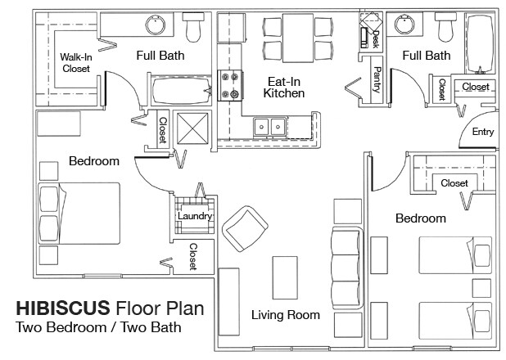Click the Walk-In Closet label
pyautogui.click(x=76, y=62)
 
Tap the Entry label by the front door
pyautogui.click(x=483, y=132)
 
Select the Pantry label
pyautogui.click(x=377, y=79)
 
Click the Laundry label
pyautogui.click(x=195, y=216)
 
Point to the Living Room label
pyautogui.click(x=286, y=315)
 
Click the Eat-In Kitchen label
pyautogui.click(x=284, y=87)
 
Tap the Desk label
pyautogui.click(x=376, y=39)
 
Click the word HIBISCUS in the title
pyautogui.click(x=63, y=308)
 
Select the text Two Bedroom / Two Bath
pyautogui.click(x=98, y=327)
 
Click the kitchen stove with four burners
pyautogui.click(x=230, y=85)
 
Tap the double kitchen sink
pyautogui.click(x=269, y=127)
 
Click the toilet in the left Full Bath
pyautogui.click(x=193, y=27)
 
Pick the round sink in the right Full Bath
pyautogui.click(x=404, y=25)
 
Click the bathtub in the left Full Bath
pyautogui.click(x=182, y=91)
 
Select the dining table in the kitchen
pyautogui.click(x=298, y=38)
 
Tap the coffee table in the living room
pyautogui.click(x=285, y=277)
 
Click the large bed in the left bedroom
pyautogui.click(x=79, y=214)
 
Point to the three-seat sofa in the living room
pyautogui.click(x=348, y=267)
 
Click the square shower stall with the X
pyautogui.click(x=192, y=128)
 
